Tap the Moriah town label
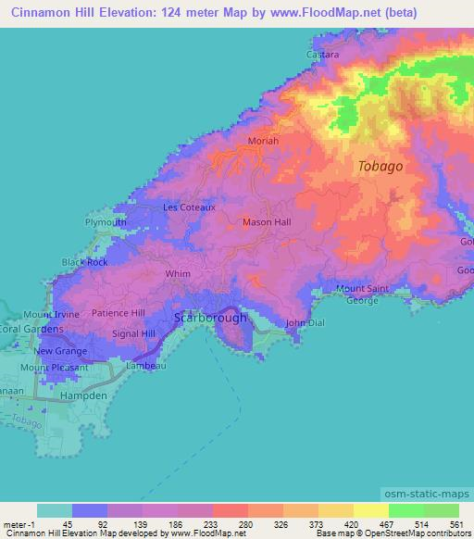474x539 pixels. click(x=263, y=142)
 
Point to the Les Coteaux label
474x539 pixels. click(x=189, y=207)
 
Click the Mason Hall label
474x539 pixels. click(x=267, y=222)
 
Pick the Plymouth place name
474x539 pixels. click(x=105, y=223)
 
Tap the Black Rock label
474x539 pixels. click(x=85, y=262)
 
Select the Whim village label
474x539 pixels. click(x=178, y=274)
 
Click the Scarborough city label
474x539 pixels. click(x=211, y=318)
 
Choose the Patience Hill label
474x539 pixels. click(x=118, y=313)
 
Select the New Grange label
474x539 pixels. click(x=61, y=352)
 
